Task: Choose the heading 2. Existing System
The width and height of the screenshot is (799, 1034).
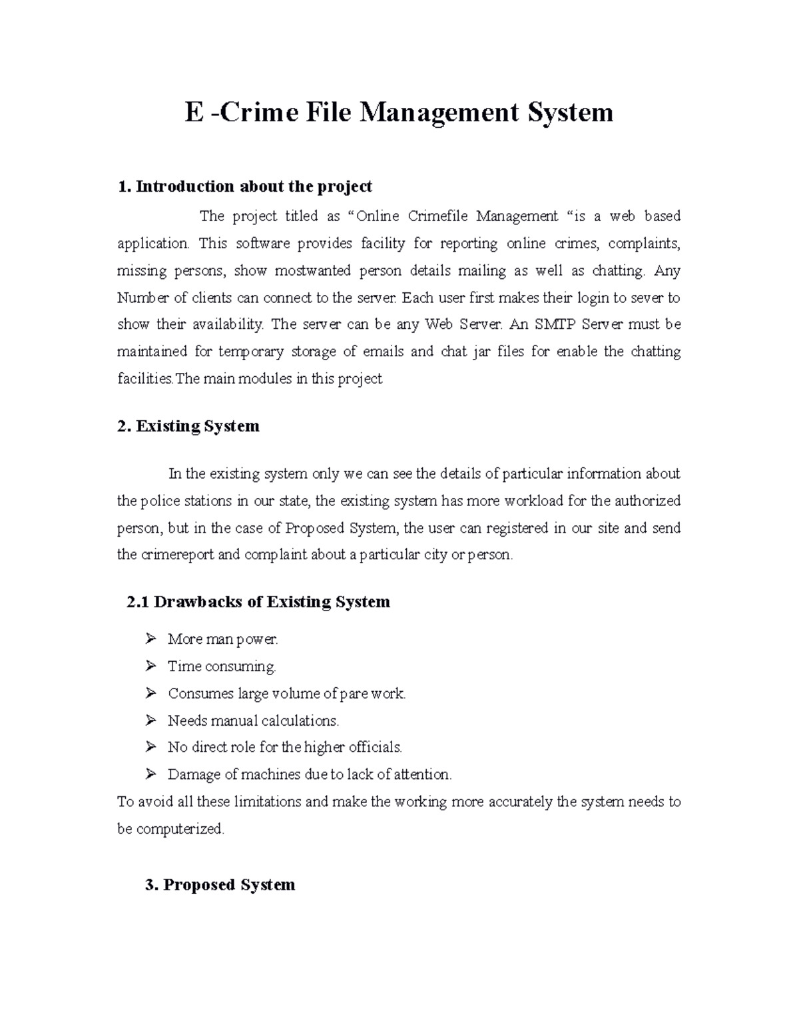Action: click(x=188, y=426)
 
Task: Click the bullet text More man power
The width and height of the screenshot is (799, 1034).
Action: click(x=223, y=639)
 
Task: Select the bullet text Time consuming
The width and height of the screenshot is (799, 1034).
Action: click(x=222, y=666)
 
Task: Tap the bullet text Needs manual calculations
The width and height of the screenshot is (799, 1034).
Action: click(x=253, y=720)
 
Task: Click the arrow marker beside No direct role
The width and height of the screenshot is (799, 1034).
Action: click(x=150, y=747)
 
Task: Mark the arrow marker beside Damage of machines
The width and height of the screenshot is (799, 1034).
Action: click(x=150, y=774)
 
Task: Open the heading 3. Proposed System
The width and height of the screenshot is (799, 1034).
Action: click(x=220, y=885)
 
